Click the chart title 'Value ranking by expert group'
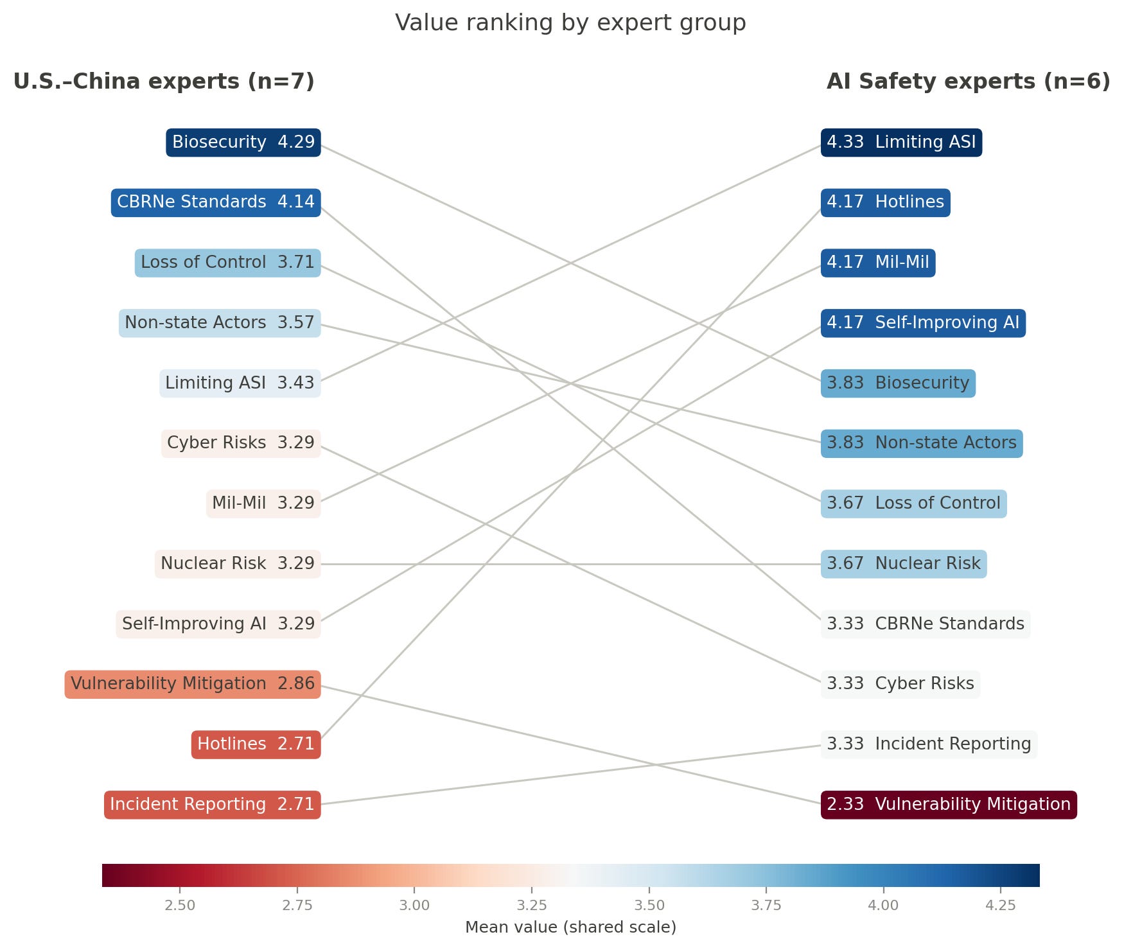570,22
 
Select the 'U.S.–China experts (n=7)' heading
164,82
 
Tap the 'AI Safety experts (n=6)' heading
969,82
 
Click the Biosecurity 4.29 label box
243,142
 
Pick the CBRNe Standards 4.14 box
216,202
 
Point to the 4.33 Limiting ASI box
901,142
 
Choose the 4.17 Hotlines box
885,202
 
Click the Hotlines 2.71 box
256,744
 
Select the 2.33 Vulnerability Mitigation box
949,805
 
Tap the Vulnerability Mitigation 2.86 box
193,684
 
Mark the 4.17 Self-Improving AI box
923,322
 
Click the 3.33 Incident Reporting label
929,744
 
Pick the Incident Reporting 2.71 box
212,805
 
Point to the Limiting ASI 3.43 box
240,383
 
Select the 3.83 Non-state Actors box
922,443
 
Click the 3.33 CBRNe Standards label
926,624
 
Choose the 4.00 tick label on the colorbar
883,906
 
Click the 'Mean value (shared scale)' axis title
570,927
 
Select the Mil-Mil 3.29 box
263,503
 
